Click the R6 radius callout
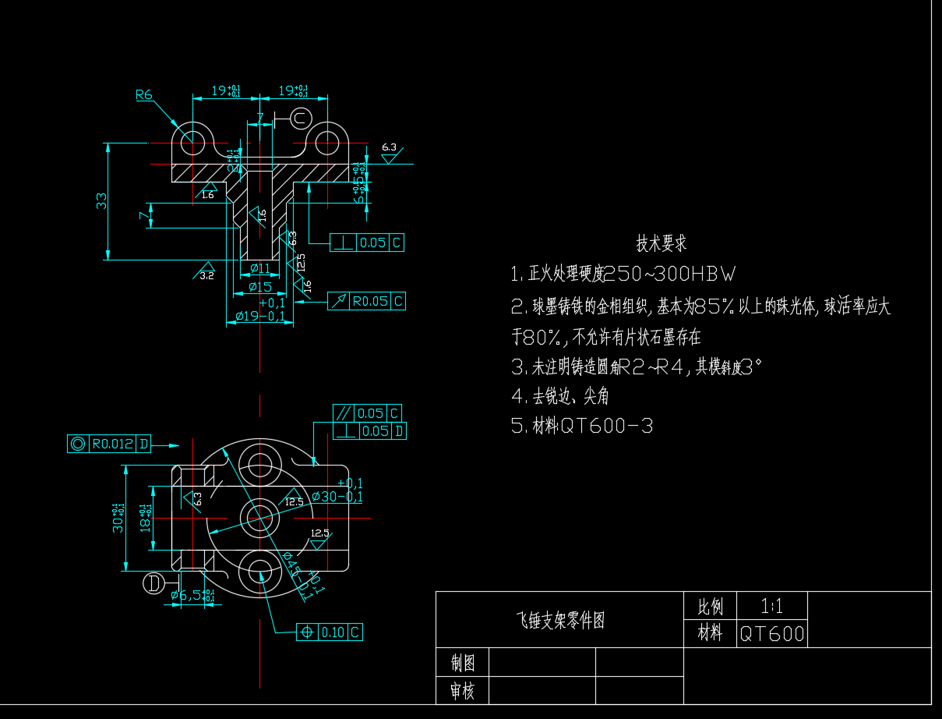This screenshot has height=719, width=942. [144, 95]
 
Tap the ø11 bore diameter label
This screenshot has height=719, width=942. [259, 269]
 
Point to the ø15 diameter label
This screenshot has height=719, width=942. [259, 287]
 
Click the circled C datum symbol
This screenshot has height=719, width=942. [300, 118]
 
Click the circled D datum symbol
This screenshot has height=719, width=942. [153, 583]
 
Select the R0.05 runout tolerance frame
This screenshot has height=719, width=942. [366, 301]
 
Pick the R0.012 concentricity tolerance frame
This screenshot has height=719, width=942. [110, 444]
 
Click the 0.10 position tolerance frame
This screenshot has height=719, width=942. [330, 632]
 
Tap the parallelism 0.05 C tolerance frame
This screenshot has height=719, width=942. [367, 413]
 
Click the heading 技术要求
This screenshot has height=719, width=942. [662, 244]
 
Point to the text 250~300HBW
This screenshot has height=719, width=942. [670, 274]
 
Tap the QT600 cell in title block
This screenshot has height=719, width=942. [771, 633]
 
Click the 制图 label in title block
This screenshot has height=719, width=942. [462, 663]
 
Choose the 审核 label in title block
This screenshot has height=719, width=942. [462, 690]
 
